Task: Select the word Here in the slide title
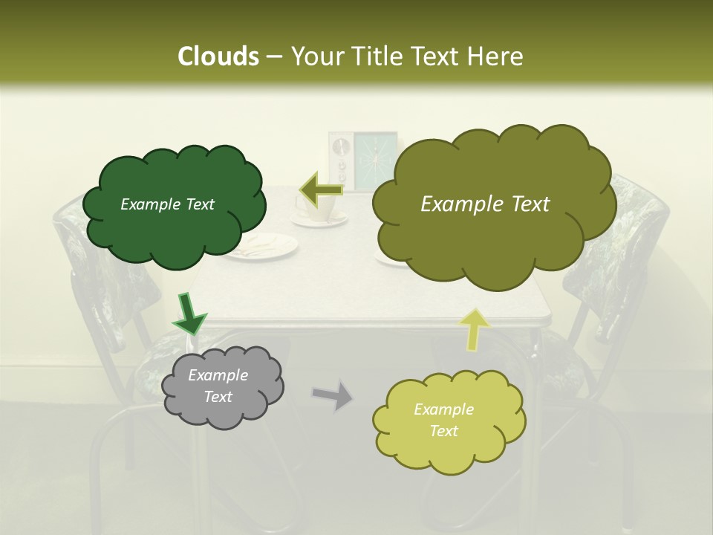[496, 56]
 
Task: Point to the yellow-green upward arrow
[475, 329]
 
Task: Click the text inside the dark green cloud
[168, 204]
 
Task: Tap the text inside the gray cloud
[218, 386]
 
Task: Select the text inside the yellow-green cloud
[443, 420]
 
